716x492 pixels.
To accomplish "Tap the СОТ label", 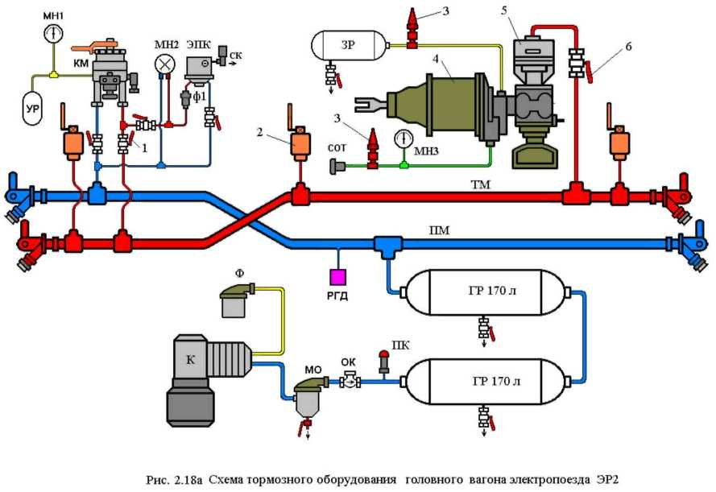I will [x=338, y=150].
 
